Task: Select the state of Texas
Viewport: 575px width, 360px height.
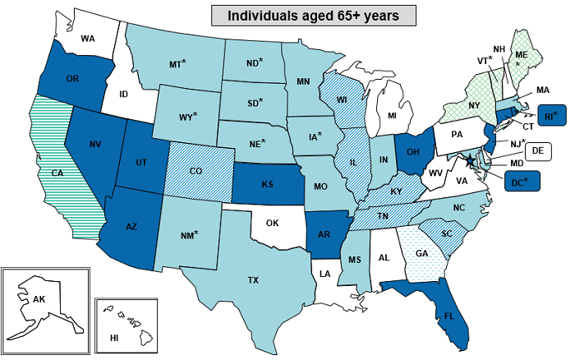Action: tap(246, 275)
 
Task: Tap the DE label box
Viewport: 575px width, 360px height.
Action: tap(537, 151)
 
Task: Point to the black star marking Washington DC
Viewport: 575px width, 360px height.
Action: tap(471, 160)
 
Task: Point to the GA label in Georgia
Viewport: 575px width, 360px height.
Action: tap(421, 254)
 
